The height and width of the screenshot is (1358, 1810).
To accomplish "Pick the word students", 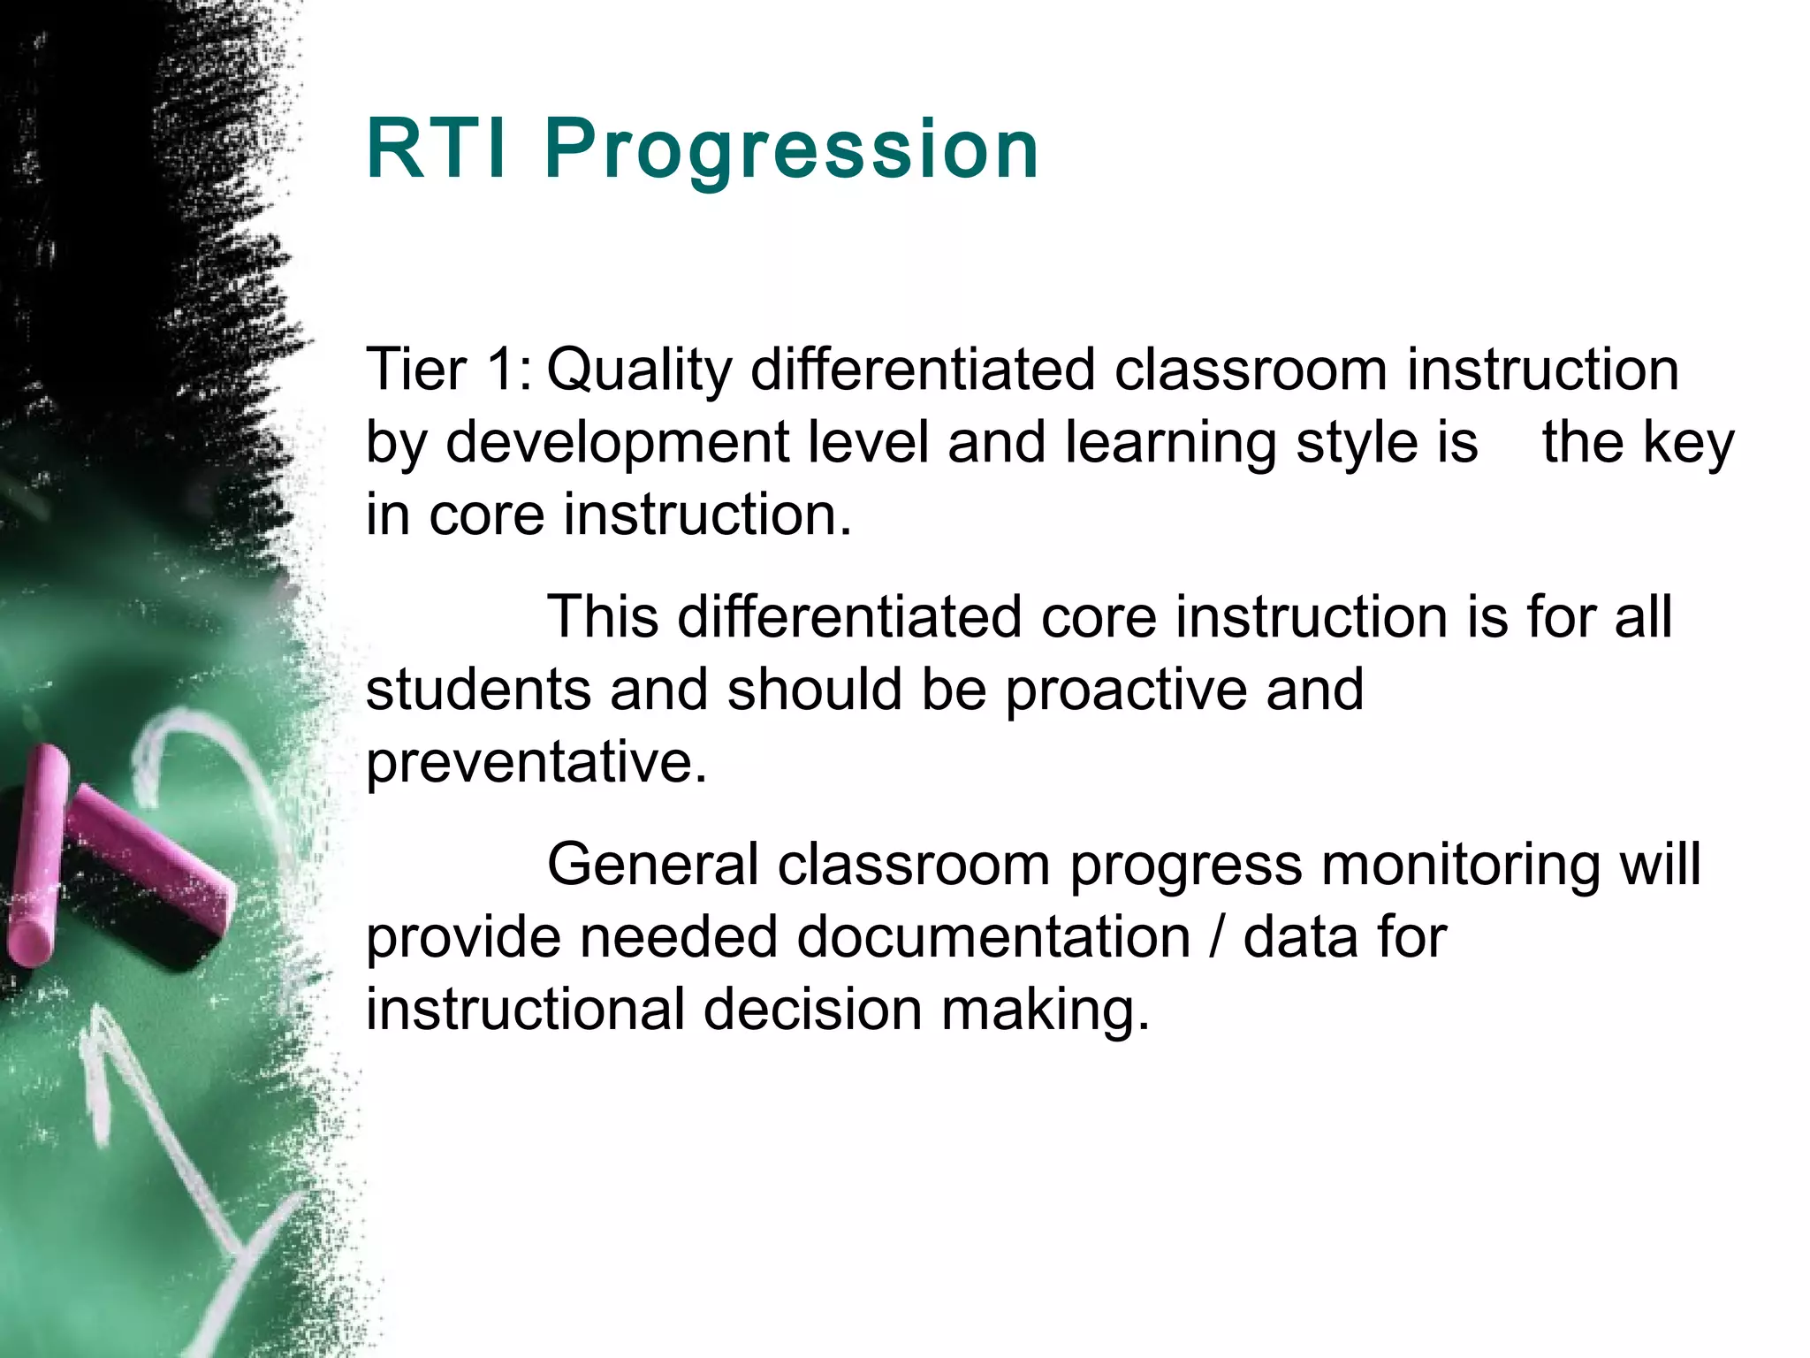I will coord(477,690).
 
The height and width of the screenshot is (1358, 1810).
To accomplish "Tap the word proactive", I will coord(1125,690).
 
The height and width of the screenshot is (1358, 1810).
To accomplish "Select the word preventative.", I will coord(536,762).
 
